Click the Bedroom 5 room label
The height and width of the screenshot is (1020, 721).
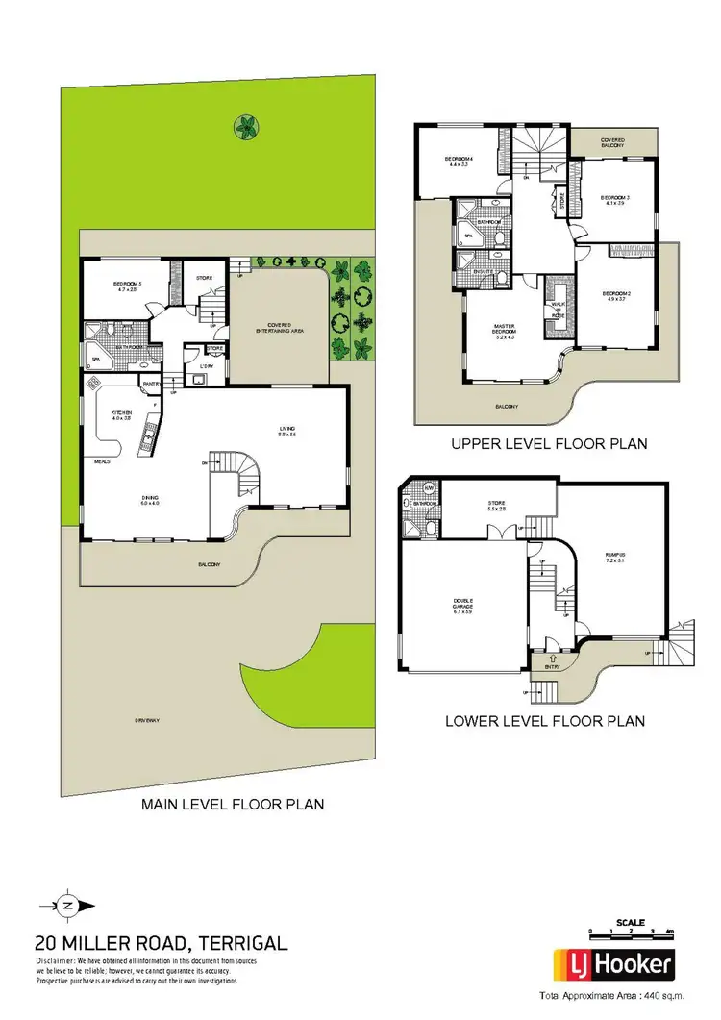[x=128, y=286]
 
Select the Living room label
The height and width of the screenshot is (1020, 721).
[x=286, y=432]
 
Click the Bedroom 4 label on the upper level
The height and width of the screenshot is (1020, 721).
[x=458, y=162]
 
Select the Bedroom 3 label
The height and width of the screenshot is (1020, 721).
[x=615, y=199]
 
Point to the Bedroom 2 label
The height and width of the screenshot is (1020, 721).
[x=615, y=295]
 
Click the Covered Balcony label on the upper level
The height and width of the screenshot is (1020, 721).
[x=613, y=143]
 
